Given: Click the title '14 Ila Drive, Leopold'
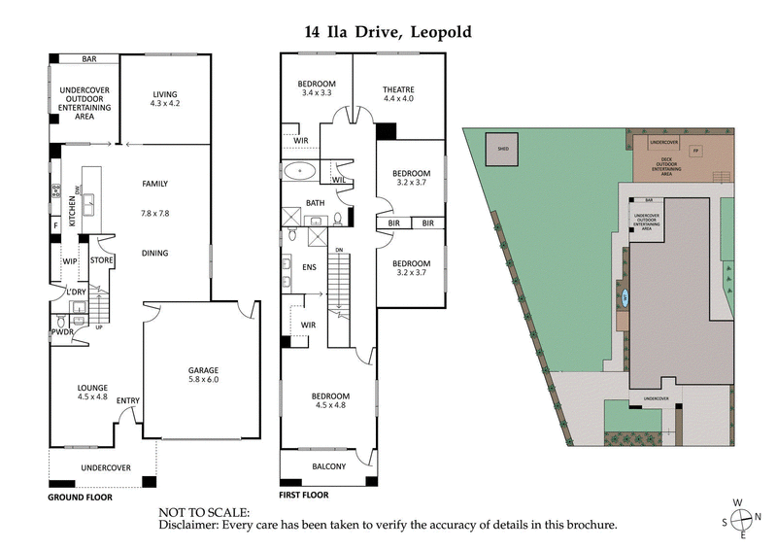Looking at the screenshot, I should pos(388,32).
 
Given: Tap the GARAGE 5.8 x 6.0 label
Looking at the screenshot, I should pos(203,375).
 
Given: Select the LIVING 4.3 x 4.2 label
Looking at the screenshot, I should pos(164,99).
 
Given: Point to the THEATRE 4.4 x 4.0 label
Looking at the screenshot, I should pos(398,93).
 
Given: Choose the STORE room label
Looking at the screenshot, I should pos(103,260).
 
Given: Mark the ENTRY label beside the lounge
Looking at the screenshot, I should pos(127,400).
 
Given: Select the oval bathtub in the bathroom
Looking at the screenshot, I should pos(300,172).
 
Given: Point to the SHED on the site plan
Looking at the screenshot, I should pos(503,149).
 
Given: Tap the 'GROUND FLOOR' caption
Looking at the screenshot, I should pos(80,497).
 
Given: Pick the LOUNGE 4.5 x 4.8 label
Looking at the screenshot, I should pos(93,392).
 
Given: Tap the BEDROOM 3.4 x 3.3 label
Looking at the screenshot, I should pos(317,88).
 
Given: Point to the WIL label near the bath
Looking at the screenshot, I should pos(339,180).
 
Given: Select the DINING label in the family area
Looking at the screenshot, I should pos(154,254).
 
